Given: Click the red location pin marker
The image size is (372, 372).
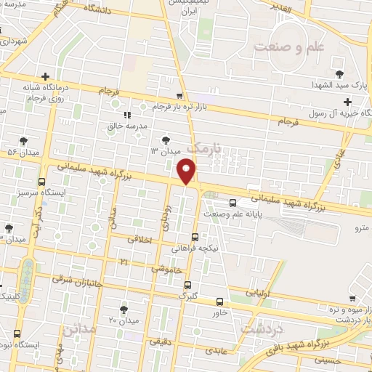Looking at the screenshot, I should tap(187, 172).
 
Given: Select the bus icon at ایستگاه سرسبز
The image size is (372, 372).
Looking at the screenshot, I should tap(42, 182).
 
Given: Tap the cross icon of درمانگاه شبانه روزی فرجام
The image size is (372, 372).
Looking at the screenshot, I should tap(46, 76).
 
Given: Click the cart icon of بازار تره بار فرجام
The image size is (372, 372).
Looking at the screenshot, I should tap(180, 96).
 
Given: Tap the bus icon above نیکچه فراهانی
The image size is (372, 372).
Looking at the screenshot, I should tap(195, 236).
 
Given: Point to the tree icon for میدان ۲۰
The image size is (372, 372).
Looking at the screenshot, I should tap(123, 308).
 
